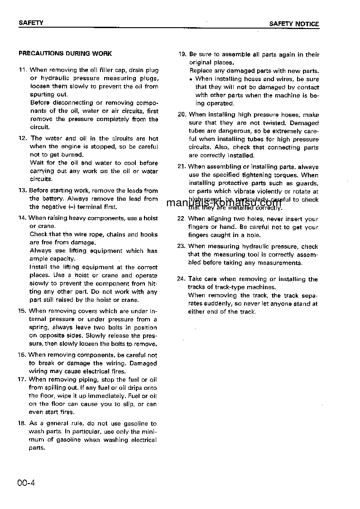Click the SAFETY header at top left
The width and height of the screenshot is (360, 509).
31,23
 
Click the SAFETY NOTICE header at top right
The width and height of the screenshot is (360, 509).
294,24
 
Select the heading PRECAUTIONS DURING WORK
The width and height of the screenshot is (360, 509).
65,53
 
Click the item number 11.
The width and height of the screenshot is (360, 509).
23,70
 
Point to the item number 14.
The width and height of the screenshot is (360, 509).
23,218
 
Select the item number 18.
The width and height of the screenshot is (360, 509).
22,423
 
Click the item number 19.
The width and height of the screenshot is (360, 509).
182,54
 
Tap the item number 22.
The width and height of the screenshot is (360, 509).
182,219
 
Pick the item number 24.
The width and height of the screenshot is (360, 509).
182,279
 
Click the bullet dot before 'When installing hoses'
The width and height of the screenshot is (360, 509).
192,79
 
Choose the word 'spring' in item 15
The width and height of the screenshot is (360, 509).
39,327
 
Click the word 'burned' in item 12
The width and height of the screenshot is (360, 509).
72,155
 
